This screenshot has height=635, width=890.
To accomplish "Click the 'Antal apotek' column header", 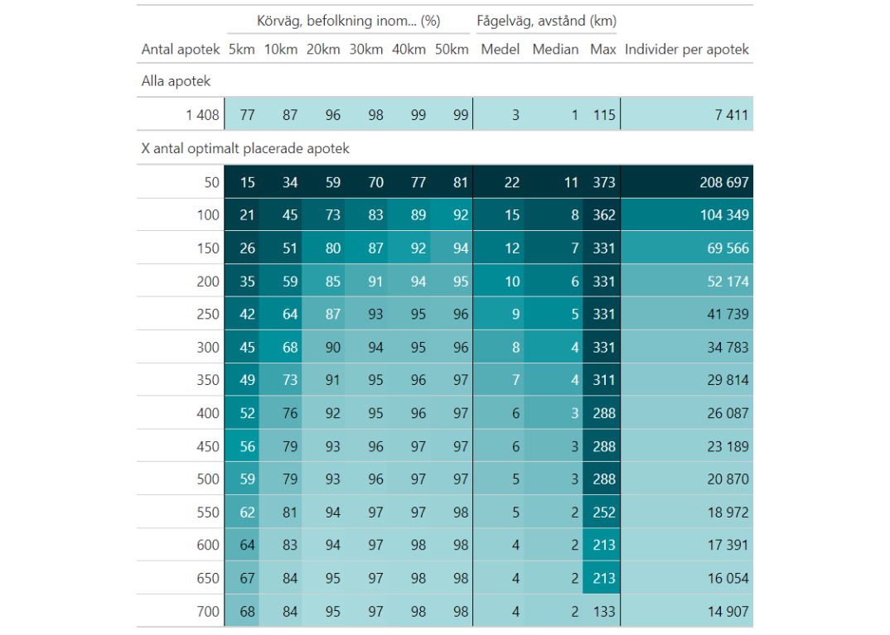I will pos(181,50).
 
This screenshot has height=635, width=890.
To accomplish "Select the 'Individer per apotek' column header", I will pos(687,50).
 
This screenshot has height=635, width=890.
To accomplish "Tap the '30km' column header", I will pos(365,50).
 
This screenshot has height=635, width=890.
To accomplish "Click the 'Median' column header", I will pos(555,50).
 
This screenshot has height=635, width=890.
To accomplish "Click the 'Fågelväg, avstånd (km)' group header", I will pos(546,21).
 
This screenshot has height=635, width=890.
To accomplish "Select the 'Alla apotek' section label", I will pos(177,81).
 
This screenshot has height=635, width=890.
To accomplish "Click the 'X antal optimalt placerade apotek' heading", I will pos(245,149).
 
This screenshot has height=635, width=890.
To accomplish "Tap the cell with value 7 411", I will pos(732,115).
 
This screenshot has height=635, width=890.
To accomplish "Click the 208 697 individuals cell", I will pos(724,182).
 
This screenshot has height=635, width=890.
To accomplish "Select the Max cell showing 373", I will pos(603,182).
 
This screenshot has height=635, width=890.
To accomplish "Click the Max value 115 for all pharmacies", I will pos(603,115).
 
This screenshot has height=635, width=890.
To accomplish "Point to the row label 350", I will pos(208,380).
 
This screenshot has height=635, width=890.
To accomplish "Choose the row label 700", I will pos(208,612).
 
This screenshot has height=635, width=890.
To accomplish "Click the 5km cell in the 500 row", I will pos(247,479).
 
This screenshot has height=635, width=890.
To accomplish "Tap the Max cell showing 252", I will pos(603,512).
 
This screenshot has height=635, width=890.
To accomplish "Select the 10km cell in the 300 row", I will pos(289,348).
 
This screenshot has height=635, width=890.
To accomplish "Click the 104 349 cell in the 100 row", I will pos(724,215).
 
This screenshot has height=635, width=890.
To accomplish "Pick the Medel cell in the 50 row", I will pos(512,182).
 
